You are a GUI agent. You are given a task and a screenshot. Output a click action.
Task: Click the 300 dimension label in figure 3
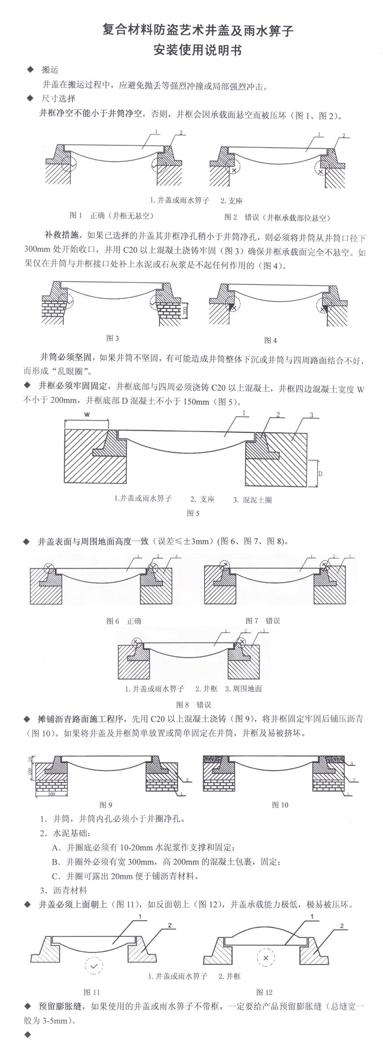pos(185,307)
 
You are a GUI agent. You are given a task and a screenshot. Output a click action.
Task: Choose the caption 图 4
pos(271,340)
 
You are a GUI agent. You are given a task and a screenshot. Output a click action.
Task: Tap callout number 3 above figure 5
pos(311,416)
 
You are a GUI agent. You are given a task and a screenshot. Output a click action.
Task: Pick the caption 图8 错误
pos(193,704)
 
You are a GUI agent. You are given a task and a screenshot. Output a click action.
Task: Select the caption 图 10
pos(280,805)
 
